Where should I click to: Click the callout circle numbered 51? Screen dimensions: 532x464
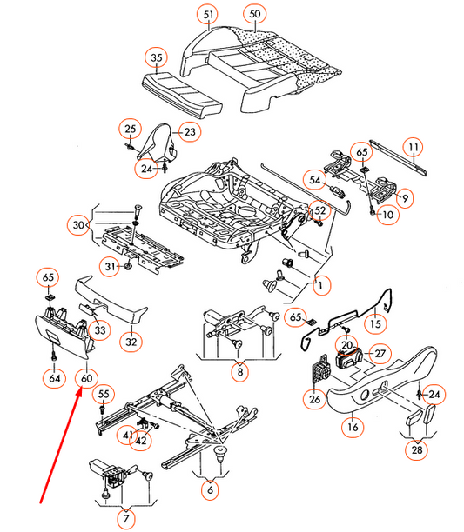pos(206,15)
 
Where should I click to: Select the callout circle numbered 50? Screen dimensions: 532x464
pos(253,15)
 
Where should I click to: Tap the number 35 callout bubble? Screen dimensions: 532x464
pos(157,59)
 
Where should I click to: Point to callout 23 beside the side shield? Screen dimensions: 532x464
pos(191,132)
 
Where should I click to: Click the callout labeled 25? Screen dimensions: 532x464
pos(130,130)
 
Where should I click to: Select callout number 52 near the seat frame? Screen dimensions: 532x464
pos(319,210)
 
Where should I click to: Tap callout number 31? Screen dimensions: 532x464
pos(109,265)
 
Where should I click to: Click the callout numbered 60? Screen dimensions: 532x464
pos(86,378)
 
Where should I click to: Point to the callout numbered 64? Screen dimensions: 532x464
pos(55,378)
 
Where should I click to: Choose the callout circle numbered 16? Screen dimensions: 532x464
pos(352,427)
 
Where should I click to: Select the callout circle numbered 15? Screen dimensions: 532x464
pos(375,324)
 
